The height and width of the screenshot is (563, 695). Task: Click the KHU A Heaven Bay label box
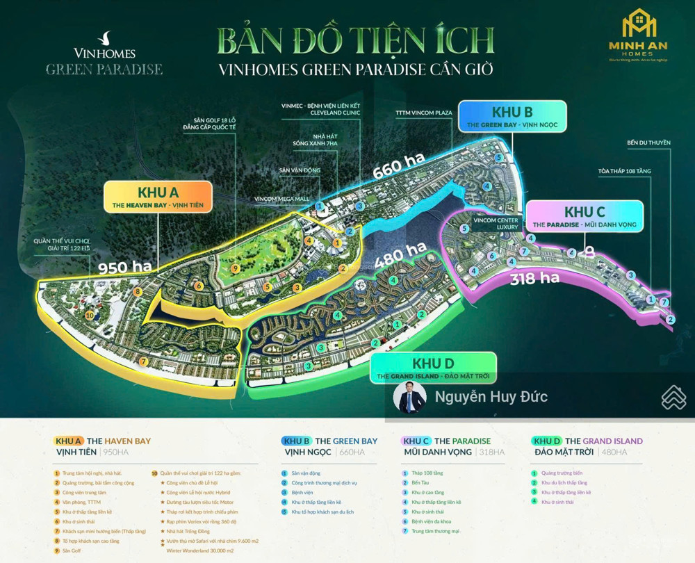[x=158, y=197]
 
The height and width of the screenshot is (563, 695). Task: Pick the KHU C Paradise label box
[x=584, y=216]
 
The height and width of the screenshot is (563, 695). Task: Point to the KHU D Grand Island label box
[x=434, y=368]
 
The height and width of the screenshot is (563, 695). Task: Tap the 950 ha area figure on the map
[x=126, y=266]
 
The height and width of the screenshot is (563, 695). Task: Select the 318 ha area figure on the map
[x=534, y=279]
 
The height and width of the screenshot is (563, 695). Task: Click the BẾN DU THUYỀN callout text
[x=648, y=142]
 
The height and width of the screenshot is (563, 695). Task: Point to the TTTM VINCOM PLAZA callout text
[x=424, y=112]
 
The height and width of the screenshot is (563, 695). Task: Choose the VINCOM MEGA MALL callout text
[x=281, y=198]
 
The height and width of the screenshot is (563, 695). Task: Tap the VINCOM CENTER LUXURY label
[x=496, y=223]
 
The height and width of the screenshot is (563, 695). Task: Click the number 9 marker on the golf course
[x=236, y=268]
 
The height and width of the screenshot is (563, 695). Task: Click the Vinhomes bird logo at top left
[x=106, y=37]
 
